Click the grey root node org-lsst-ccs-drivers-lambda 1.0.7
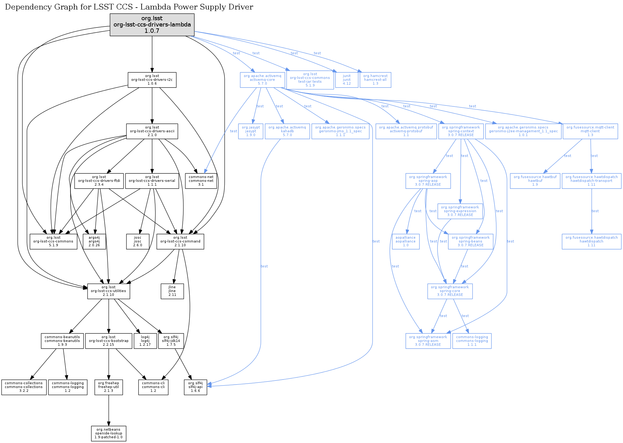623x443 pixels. tap(152, 25)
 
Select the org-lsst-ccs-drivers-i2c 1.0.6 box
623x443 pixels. tap(152, 80)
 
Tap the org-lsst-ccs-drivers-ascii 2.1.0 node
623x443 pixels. tap(152, 131)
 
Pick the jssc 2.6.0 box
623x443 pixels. tap(137, 242)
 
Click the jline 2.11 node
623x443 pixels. tap(172, 291)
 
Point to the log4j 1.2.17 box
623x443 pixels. tap(145, 341)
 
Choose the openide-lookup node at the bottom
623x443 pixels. tap(108, 434)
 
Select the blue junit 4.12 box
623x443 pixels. tap(347, 80)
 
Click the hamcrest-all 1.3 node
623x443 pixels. tap(375, 80)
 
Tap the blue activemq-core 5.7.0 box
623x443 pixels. tap(262, 80)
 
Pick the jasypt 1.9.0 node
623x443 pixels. tap(251, 131)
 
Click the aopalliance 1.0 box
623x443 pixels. tap(406, 242)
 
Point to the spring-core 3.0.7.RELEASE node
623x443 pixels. tap(450, 291)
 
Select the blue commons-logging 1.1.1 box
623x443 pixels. tap(472, 341)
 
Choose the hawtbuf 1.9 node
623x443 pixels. tap(535, 181)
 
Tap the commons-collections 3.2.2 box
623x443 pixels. tap(24, 387)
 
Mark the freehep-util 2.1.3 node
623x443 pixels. tap(108, 387)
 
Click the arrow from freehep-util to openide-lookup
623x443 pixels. tap(109, 410)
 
